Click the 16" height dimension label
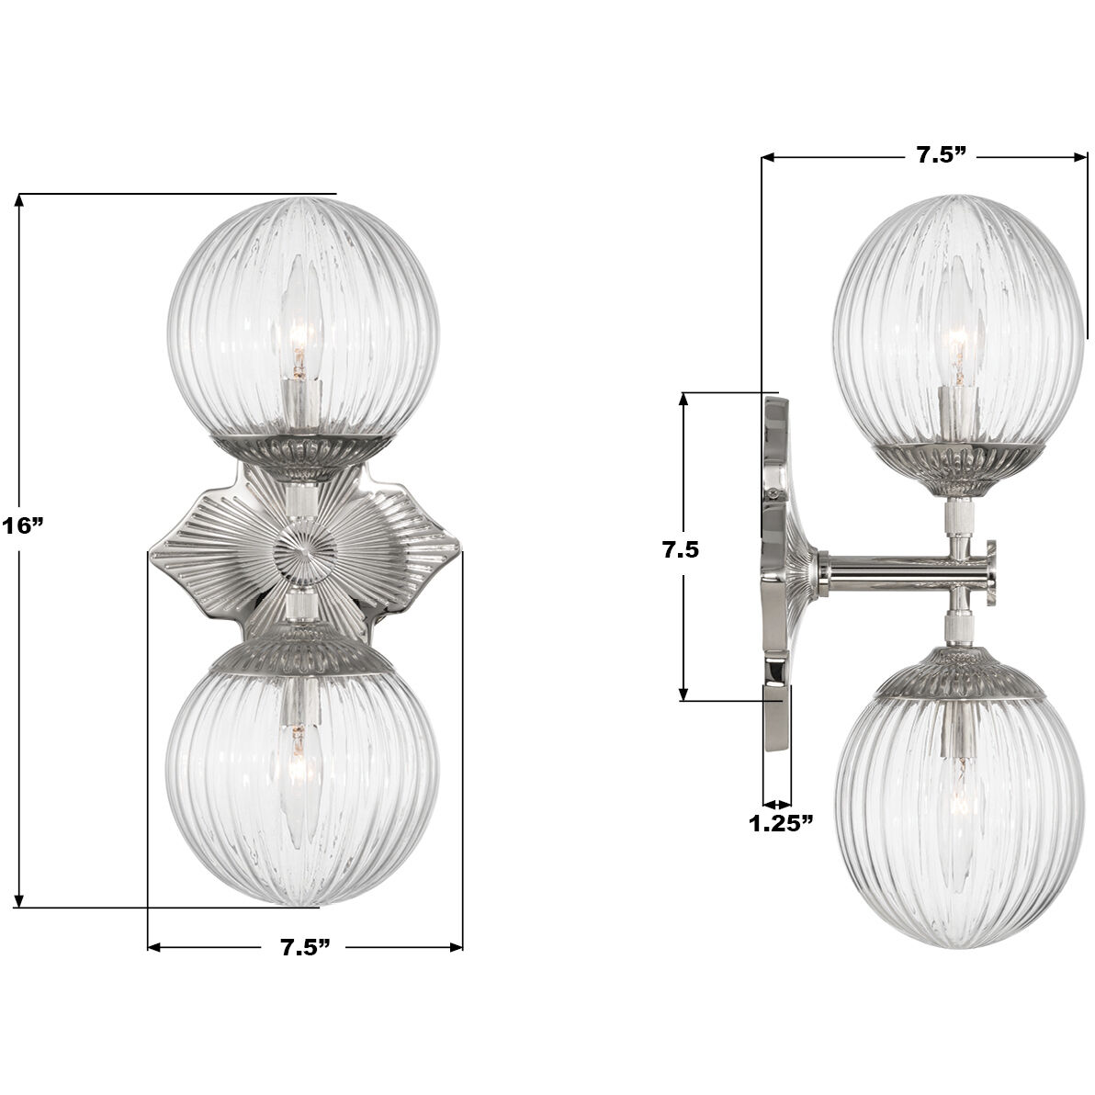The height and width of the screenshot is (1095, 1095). point(21,526)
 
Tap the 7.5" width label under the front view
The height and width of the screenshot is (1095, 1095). point(305,948)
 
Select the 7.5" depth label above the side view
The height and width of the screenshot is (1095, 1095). point(943,155)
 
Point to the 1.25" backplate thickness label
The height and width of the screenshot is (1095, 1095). point(782,823)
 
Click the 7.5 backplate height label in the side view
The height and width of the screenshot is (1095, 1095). point(681,550)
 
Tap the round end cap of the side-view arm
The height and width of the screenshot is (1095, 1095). point(991,571)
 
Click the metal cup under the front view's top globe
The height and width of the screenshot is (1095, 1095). point(304,454)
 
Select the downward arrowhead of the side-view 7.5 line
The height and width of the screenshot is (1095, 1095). point(684,694)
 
